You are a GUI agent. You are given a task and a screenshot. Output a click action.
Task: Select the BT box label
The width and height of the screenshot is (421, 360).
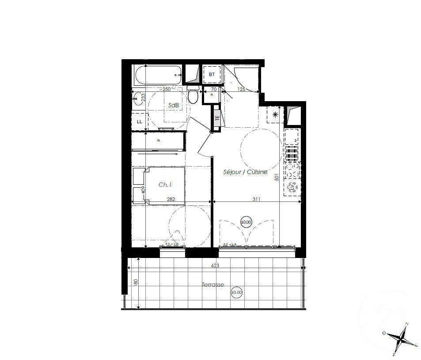pyautogui.click(x=212, y=75)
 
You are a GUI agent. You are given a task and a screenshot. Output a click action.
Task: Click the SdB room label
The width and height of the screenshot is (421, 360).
pyautogui.click(x=173, y=105)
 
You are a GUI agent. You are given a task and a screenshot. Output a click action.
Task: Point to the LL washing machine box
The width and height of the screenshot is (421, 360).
pyautogui.click(x=140, y=121)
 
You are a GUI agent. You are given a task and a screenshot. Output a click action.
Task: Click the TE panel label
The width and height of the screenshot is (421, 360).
pyautogui.click(x=217, y=118)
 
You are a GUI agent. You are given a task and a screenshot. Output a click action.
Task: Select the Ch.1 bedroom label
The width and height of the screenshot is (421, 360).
pyautogui.click(x=165, y=185)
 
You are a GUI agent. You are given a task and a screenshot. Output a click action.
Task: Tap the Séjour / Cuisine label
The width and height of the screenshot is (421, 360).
pyautogui.click(x=245, y=172)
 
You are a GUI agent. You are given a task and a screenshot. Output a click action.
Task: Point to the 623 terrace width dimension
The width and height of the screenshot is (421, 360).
pyautogui.click(x=215, y=266)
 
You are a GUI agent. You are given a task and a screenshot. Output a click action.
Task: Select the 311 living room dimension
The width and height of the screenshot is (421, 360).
pyautogui.click(x=256, y=199)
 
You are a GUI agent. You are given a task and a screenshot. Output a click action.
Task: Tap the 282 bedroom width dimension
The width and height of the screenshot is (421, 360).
pyautogui.click(x=171, y=199)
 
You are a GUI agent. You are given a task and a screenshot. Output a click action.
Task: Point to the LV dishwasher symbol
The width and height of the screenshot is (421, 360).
pyautogui.click(x=292, y=187)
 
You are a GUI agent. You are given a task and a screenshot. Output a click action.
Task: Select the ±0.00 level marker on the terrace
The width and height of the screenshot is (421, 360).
pyautogui.click(x=237, y=292)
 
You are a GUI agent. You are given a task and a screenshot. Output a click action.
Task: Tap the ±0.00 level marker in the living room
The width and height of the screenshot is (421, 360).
pyautogui.click(x=246, y=222)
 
